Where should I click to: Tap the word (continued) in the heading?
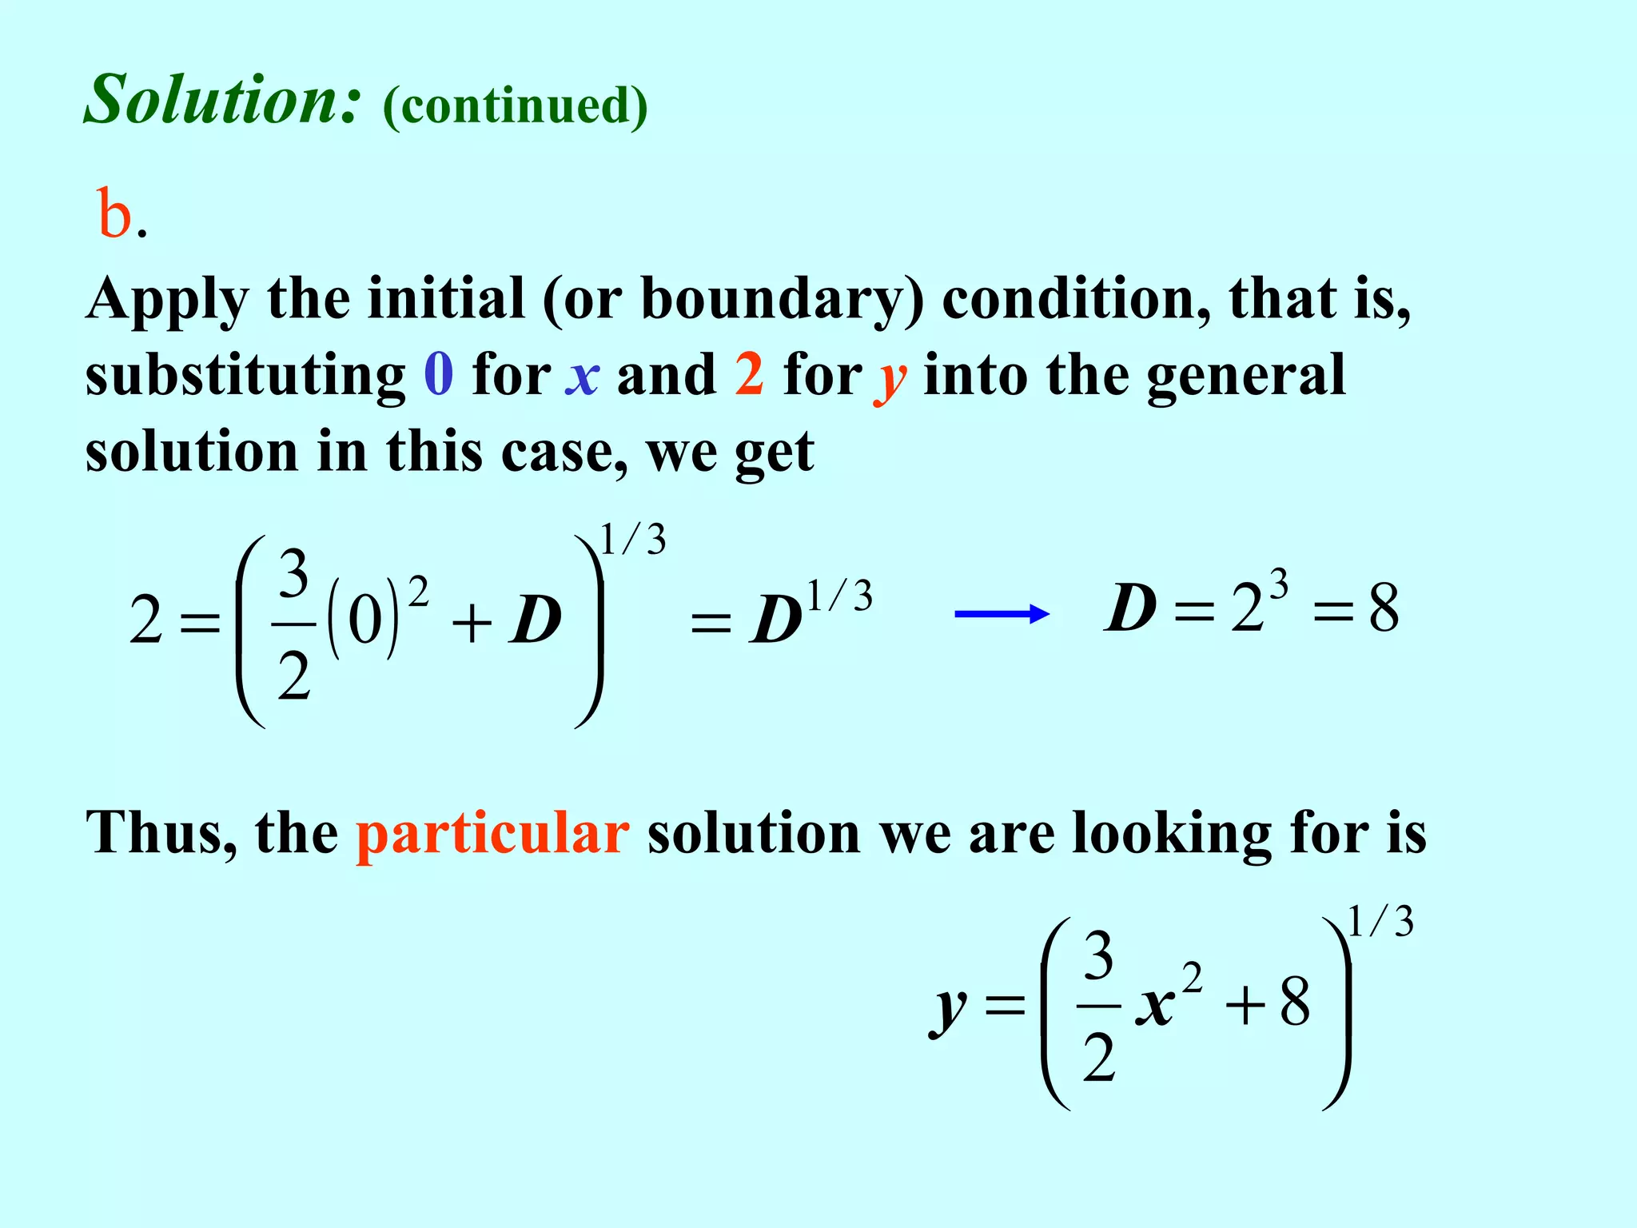515,106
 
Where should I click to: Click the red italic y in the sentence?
890,379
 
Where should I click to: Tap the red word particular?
492,833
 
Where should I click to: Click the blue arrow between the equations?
1002,614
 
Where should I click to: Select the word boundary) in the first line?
783,300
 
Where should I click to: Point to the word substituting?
245,375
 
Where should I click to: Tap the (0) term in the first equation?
364,620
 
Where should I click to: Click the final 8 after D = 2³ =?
1384,609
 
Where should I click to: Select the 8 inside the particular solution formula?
1295,1003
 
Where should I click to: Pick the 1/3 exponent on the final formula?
1380,921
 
